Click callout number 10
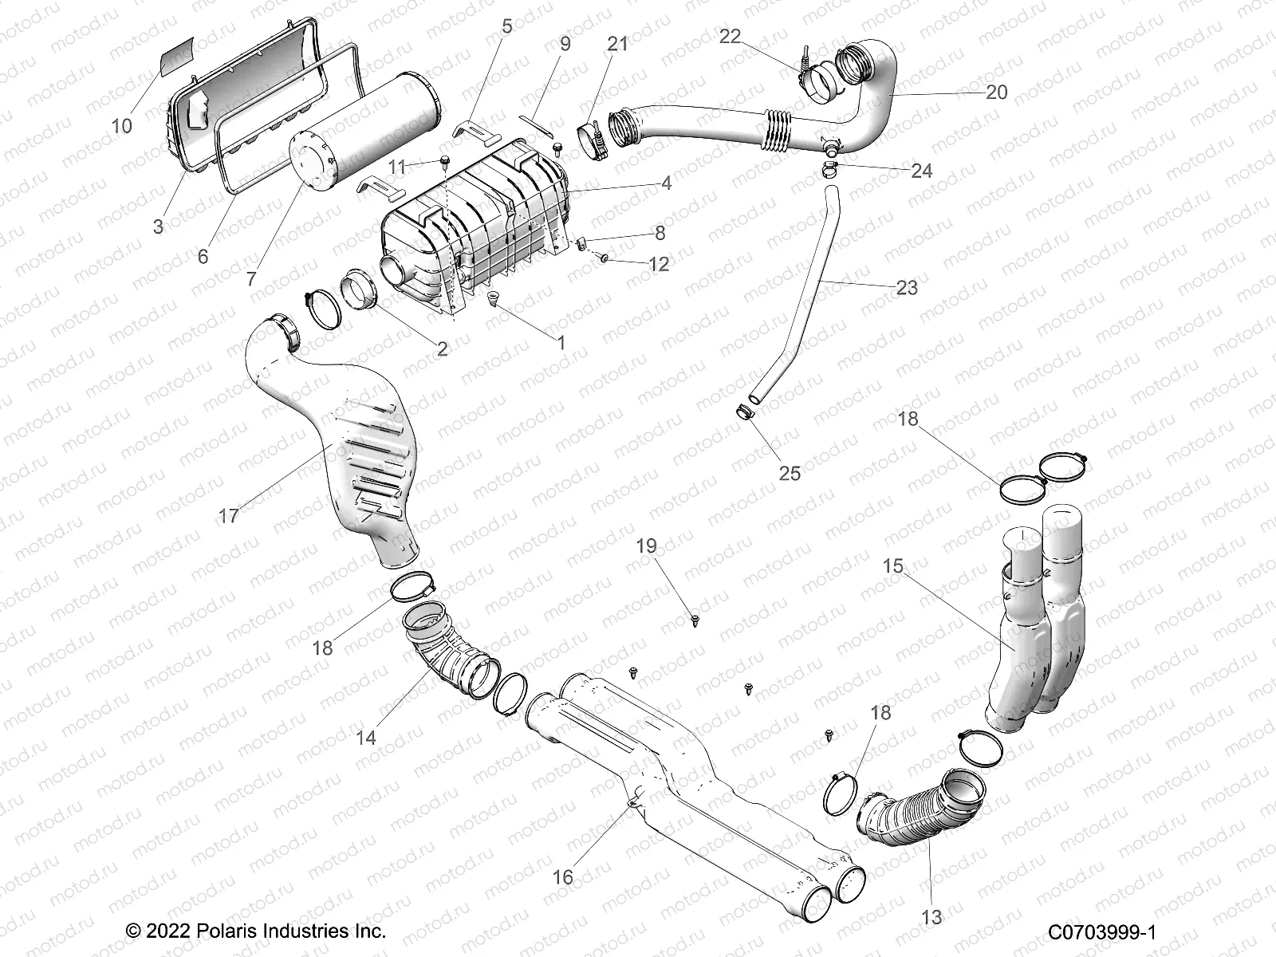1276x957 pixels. [121, 126]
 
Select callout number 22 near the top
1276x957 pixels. [731, 37]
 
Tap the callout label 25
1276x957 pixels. [790, 473]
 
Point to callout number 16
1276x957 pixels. [563, 878]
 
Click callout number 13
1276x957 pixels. [931, 917]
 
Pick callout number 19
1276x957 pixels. [646, 546]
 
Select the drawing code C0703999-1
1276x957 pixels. [1102, 931]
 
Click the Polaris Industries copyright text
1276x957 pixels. [256, 931]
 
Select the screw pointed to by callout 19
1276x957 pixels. [696, 618]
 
